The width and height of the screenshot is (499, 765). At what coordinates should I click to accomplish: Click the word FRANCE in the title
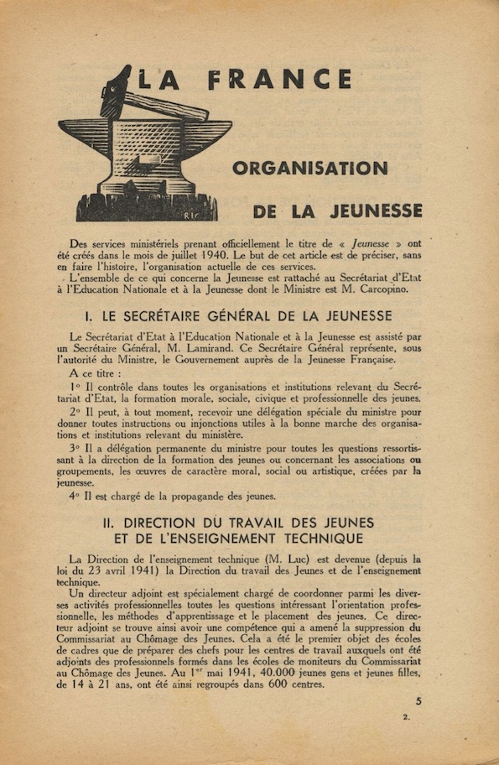[279, 80]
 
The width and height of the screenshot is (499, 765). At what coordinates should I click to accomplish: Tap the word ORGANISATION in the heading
[309, 168]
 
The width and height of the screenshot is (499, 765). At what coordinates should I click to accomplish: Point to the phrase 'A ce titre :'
[96, 373]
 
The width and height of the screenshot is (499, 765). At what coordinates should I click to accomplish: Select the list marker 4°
[76, 496]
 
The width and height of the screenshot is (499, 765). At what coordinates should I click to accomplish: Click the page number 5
[418, 702]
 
